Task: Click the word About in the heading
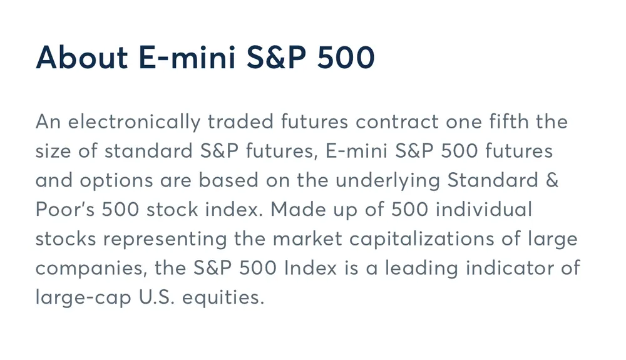click(82, 58)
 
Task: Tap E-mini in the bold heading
click(187, 58)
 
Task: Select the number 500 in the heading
click(346, 58)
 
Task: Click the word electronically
click(134, 121)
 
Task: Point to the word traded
click(240, 121)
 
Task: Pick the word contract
click(398, 122)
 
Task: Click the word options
click(116, 181)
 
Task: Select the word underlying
click(387, 180)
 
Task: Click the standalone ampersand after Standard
click(552, 180)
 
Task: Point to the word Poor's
click(65, 210)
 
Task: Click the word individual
click(484, 209)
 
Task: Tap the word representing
click(165, 239)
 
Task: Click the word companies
click(90, 269)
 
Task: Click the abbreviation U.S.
click(156, 297)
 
